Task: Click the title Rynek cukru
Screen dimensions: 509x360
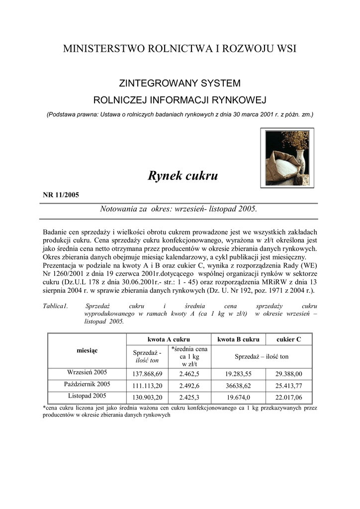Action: (182, 176)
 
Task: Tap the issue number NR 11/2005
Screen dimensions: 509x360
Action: (61, 194)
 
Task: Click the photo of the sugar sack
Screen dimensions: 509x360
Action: (287, 158)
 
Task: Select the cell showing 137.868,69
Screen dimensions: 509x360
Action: (148, 374)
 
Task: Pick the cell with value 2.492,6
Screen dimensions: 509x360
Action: (189, 386)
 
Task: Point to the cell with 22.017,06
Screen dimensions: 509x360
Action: (288, 397)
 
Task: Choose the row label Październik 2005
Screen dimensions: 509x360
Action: (87, 384)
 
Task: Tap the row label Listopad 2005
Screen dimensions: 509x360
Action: (87, 396)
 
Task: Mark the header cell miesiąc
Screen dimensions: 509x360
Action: (87, 350)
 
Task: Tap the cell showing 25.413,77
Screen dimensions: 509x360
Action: (288, 386)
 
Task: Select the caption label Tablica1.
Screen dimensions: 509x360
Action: (56, 306)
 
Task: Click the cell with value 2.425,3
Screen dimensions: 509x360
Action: (189, 397)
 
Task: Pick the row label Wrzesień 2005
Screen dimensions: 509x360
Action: (87, 372)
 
